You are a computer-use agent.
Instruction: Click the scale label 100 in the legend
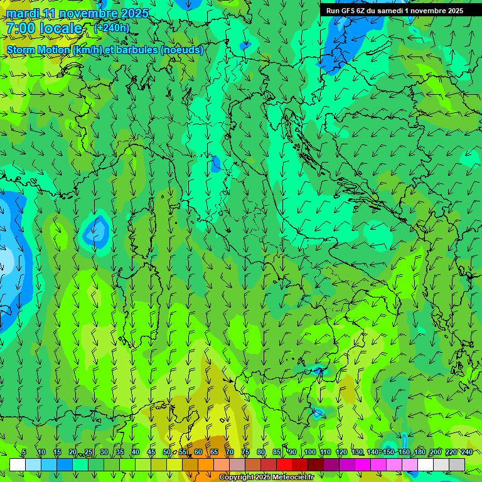(x=310, y=452)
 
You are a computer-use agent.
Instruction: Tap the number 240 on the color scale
(x=466, y=452)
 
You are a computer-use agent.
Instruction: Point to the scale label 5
(x=24, y=452)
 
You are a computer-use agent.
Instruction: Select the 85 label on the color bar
(x=277, y=452)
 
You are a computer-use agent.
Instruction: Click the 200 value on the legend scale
(x=436, y=452)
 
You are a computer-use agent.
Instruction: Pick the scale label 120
(x=341, y=452)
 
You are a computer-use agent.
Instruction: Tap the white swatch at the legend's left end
(x=18, y=464)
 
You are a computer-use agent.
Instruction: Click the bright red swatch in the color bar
(x=284, y=464)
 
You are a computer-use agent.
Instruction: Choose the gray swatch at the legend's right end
(x=457, y=464)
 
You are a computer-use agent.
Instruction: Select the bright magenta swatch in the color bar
(x=363, y=464)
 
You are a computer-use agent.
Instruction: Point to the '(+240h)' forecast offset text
(x=112, y=28)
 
